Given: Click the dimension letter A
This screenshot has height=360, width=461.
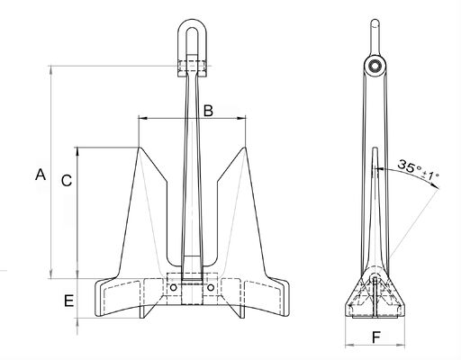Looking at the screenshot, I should [x=39, y=175].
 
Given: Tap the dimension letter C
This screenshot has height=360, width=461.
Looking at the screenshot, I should [x=66, y=180].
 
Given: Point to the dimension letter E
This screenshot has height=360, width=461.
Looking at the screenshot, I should [x=68, y=301].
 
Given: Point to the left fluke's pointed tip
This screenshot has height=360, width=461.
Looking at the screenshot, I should [x=139, y=148].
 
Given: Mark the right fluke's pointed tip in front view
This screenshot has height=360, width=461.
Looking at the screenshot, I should [x=245, y=148].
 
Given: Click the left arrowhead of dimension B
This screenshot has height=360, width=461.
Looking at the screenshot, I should [x=140, y=118].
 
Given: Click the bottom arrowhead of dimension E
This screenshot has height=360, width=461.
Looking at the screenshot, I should [x=78, y=319].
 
